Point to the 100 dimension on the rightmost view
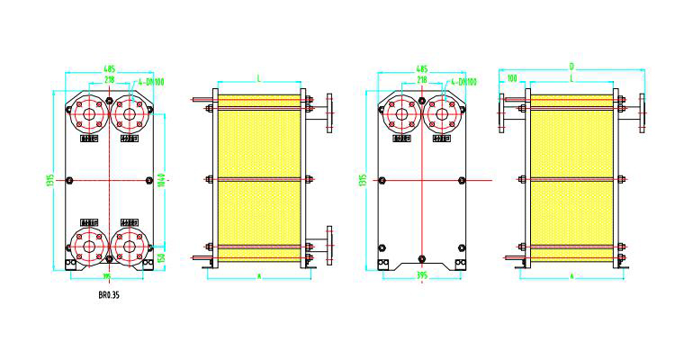coord(513,78)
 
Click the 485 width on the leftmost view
coord(109,67)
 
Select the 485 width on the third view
coord(421,67)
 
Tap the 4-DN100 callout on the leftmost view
coord(150,83)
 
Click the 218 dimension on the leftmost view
coord(109,80)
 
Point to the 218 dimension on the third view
coord(421,80)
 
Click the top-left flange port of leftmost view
coord(88,113)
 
